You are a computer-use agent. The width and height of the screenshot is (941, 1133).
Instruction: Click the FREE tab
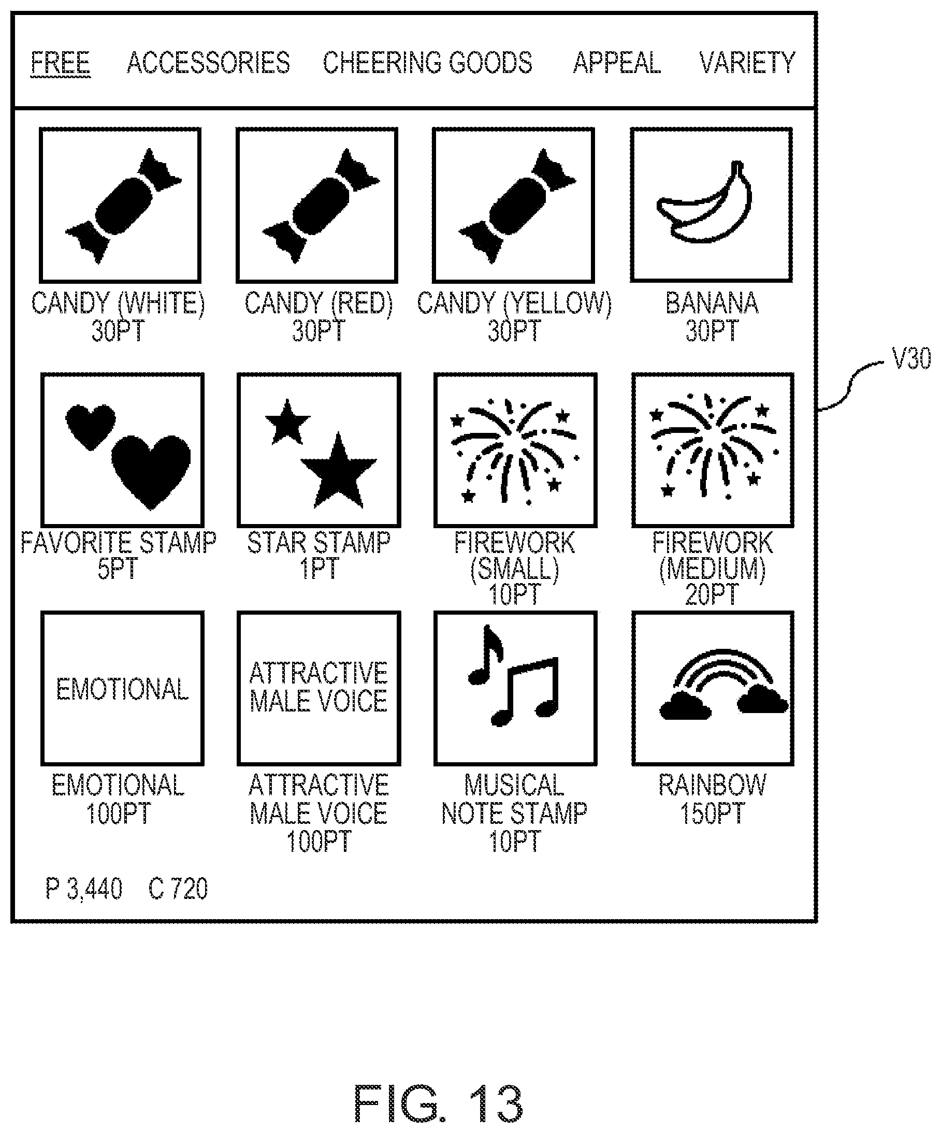[x=61, y=63]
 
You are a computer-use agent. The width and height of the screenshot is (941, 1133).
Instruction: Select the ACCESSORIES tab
[x=208, y=63]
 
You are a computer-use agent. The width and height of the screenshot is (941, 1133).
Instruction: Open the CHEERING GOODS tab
[x=428, y=63]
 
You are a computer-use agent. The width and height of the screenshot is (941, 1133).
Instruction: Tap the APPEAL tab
[x=617, y=63]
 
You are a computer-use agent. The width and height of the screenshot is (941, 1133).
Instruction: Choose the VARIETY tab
[x=747, y=63]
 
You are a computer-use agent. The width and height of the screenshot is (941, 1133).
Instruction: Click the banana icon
[x=704, y=202]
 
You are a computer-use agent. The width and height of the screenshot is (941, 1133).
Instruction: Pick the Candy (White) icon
[x=123, y=206]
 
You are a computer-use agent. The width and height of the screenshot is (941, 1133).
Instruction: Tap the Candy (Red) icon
[x=321, y=206]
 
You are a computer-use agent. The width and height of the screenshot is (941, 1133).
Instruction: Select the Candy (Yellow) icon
[x=517, y=206]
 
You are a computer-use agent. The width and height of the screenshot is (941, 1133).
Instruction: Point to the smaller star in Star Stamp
[x=287, y=423]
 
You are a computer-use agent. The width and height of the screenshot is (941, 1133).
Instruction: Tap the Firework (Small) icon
[x=514, y=451]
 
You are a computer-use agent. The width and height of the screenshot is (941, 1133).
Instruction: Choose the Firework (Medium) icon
[x=713, y=447]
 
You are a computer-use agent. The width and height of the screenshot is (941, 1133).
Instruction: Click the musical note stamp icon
[x=513, y=675]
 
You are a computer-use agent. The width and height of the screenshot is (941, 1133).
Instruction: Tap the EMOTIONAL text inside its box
[x=123, y=689]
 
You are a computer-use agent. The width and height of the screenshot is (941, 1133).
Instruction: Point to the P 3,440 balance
[x=83, y=889]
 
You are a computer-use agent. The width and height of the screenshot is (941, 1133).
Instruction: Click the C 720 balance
[x=178, y=889]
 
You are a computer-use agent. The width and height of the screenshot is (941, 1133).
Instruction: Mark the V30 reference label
[x=912, y=358]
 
